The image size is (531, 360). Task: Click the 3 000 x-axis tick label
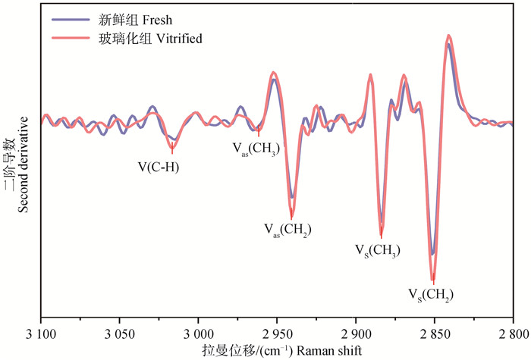pyautogui.click(x=198, y=334)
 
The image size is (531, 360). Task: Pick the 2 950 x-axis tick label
pyautogui.click(x=277, y=334)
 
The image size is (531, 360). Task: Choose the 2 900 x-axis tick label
pyautogui.click(x=356, y=334)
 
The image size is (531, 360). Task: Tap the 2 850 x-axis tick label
pyautogui.click(x=435, y=334)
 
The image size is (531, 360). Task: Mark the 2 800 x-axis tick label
pyautogui.click(x=512, y=334)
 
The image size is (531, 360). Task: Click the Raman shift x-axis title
pyautogui.click(x=276, y=350)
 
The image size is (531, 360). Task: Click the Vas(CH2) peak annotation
pyautogui.click(x=287, y=229)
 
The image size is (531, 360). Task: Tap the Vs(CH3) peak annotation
pyautogui.click(x=377, y=249)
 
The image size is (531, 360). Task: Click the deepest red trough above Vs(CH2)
pyautogui.click(x=433, y=280)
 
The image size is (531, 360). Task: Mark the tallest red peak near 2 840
pyautogui.click(x=449, y=36)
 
